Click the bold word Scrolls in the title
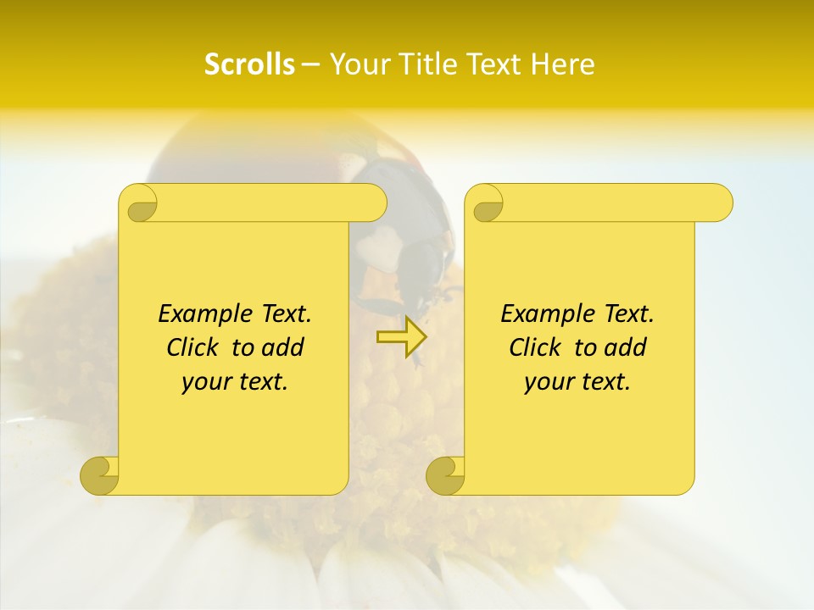click(x=249, y=64)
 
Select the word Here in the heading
click(x=563, y=64)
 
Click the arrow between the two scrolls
click(x=401, y=336)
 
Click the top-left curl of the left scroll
click(x=139, y=204)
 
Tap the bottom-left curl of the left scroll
click(x=100, y=474)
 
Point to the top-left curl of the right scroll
click(x=486, y=204)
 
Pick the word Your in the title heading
click(x=355, y=64)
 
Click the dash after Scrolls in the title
click(x=310, y=64)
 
